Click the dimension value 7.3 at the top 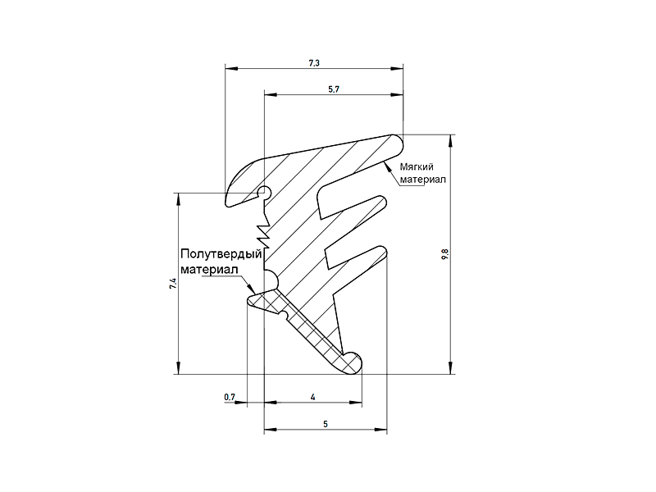(x=314, y=63)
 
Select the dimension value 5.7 (x=334, y=89)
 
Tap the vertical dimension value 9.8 (x=444, y=254)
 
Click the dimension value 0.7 (x=230, y=397)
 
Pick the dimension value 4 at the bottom (x=313, y=397)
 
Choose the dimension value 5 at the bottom (x=326, y=424)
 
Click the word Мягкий (x=417, y=167)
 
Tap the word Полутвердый (x=221, y=254)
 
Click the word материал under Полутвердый (x=209, y=269)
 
